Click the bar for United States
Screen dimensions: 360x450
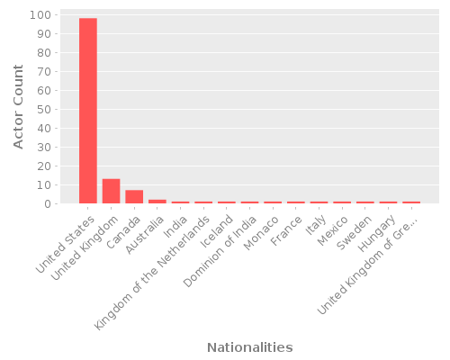[88, 111]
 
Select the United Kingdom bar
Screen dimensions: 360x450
[111, 191]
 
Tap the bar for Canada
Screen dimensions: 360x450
[134, 197]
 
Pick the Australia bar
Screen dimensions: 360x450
[157, 202]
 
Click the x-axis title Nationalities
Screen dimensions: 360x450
[249, 347]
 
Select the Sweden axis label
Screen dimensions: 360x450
[351, 230]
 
